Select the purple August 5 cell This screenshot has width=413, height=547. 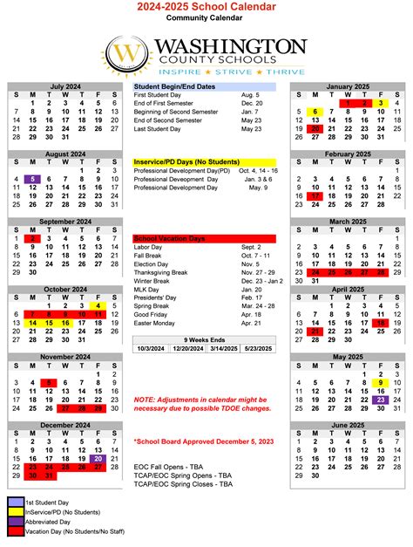tap(32, 179)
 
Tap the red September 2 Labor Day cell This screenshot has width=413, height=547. tap(32, 237)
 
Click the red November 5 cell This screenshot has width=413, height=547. tap(49, 382)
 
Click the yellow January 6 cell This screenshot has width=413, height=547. tap(315, 112)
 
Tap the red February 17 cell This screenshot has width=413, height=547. tap(315, 197)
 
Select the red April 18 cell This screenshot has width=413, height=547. tap(380, 323)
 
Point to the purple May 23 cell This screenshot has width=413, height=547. tap(380, 400)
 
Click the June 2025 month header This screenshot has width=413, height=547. tap(347, 425)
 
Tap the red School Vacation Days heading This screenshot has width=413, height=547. tap(170, 238)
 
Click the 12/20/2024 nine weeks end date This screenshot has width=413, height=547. tap(187, 349)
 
